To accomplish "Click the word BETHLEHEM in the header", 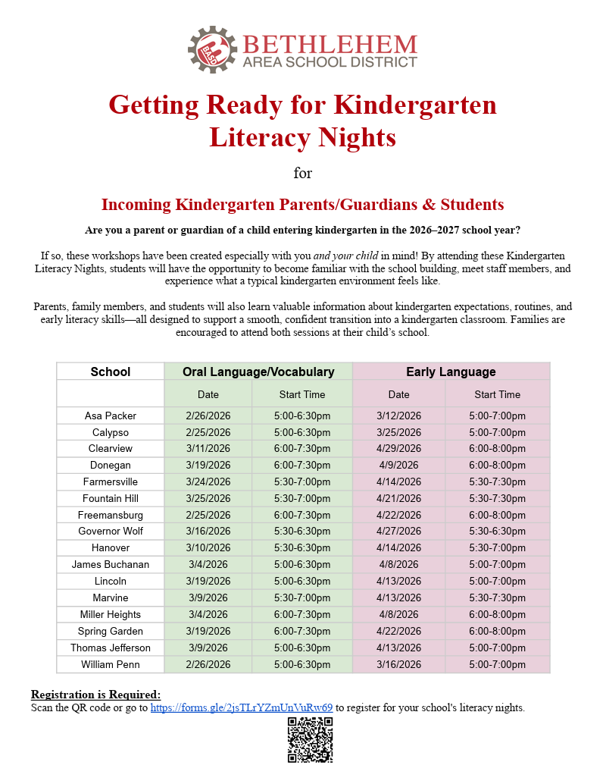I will (x=330, y=44).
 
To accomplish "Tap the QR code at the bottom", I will (x=310, y=739).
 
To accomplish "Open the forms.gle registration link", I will (x=241, y=707).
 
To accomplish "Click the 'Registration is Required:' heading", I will (x=95, y=695).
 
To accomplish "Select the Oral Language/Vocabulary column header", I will (x=258, y=372).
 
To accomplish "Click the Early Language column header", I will (x=451, y=372).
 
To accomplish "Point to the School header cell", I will (x=111, y=372).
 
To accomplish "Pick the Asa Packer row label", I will (x=111, y=416).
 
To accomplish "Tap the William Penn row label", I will (x=111, y=664).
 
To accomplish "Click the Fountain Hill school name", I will (x=111, y=498).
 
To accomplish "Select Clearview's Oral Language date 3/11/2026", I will (x=208, y=449).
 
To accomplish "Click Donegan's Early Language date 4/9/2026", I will (x=398, y=465).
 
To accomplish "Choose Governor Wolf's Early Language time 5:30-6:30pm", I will (x=497, y=532).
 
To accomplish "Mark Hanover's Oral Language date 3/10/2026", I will (x=208, y=548).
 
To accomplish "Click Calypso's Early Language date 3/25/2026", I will (x=398, y=432).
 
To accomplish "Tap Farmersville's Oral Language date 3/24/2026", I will (x=208, y=481).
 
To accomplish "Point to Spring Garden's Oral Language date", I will (x=208, y=631).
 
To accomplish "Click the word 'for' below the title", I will (x=303, y=174).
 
